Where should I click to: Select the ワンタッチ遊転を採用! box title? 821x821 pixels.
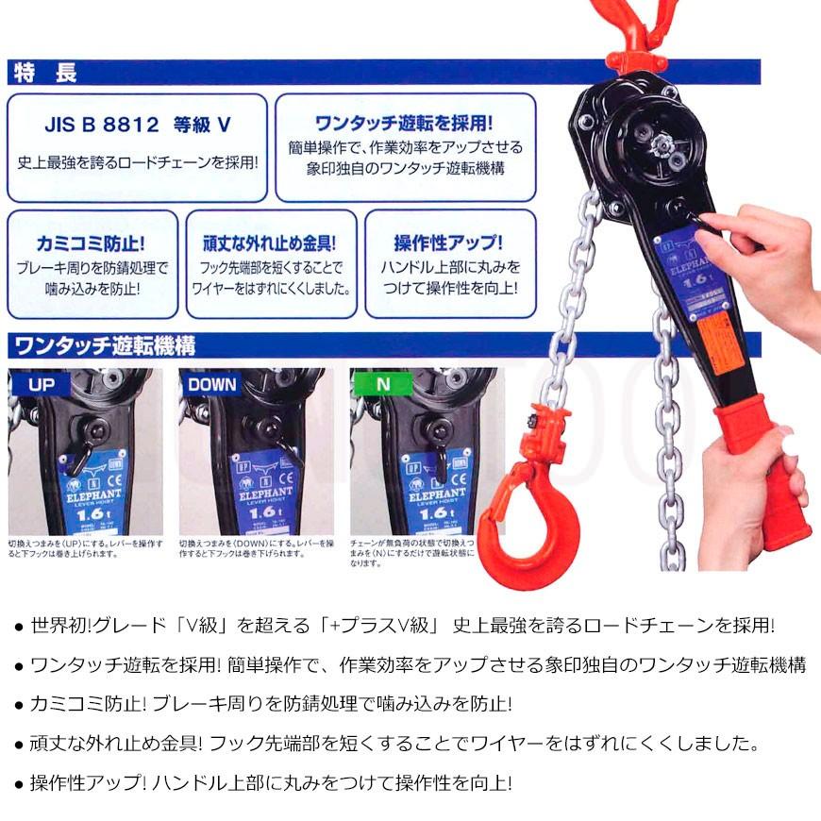405,123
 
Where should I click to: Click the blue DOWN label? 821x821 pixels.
212,384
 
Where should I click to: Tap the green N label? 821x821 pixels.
381,384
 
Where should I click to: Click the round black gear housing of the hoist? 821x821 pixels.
651,142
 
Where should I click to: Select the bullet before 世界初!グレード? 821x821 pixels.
20,627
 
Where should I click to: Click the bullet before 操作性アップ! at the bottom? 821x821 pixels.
20,785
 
